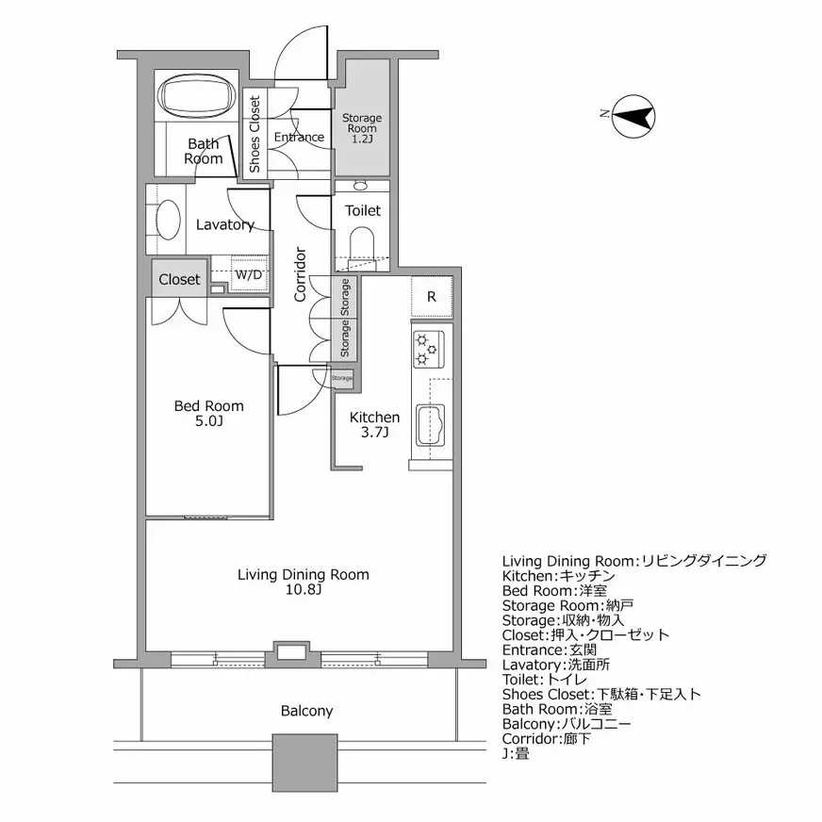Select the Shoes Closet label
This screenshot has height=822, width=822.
coord(255,134)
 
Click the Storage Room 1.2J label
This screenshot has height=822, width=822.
coord(361,128)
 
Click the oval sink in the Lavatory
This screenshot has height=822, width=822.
coord(168,223)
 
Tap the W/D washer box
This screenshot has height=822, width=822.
coord(249,275)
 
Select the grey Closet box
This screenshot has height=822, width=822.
coord(179,279)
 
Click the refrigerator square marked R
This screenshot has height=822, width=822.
coord(432,296)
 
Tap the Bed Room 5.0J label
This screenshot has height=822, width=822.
coord(208,413)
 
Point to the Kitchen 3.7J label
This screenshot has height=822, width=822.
coord(374,424)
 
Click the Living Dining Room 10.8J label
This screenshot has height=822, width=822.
coord(303,582)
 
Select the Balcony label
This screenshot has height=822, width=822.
coord(306,711)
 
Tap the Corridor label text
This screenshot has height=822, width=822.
coord(301,274)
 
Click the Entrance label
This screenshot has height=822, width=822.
coord(299,138)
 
